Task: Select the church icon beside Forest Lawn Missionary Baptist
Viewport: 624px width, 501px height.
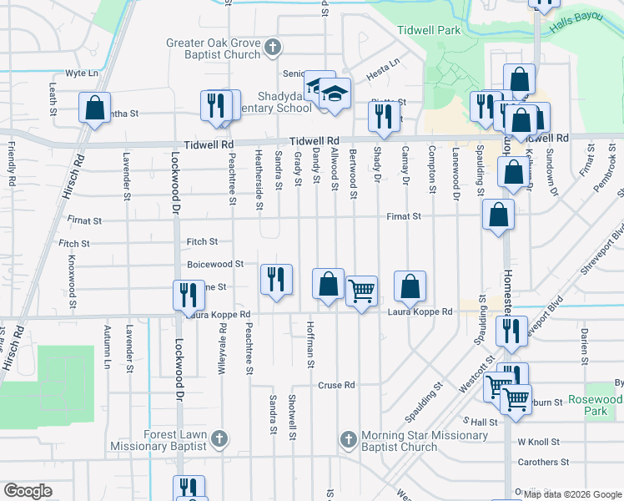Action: pyautogui.click(x=219, y=438)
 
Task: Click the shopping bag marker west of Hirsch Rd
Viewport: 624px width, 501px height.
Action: pyautogui.click(x=94, y=108)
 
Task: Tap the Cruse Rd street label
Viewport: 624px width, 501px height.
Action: pyautogui.click(x=337, y=386)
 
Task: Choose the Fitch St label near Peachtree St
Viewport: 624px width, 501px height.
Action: pyautogui.click(x=202, y=241)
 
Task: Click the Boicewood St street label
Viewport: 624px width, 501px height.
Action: pyautogui.click(x=215, y=264)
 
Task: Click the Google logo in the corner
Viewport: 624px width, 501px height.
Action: pyautogui.click(x=28, y=491)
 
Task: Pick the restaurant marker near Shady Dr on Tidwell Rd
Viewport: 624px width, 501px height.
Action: pyautogui.click(x=383, y=117)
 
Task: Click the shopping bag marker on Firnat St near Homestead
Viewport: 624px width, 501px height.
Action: pyautogui.click(x=498, y=215)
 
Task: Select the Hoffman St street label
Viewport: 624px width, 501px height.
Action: pyautogui.click(x=309, y=344)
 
